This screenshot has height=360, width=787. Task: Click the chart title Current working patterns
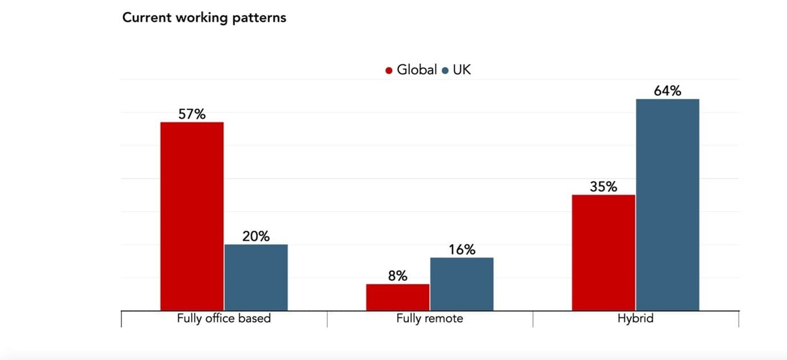204,18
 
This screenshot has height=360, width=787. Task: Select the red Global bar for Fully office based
192,216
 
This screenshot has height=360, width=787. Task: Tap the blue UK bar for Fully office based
256,277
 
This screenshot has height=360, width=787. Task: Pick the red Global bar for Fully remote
398,297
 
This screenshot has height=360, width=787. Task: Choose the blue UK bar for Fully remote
462,284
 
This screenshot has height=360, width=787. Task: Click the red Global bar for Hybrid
603,253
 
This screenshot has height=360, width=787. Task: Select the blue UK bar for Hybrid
668,205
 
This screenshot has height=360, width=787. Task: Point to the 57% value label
192,114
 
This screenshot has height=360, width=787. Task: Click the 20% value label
256,236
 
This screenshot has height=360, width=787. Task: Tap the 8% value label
398,276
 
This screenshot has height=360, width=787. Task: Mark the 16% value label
462,250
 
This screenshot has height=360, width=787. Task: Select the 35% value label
603,187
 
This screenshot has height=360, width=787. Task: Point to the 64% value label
668,91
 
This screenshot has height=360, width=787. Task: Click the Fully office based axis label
224,318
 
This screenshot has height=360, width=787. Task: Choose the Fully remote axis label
430,318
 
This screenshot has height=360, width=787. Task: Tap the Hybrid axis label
635,318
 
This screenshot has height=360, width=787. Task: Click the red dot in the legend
389,71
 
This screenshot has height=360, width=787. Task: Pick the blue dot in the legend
445,71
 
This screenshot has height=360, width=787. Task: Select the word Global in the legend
417,70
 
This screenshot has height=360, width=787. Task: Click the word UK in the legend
462,70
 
